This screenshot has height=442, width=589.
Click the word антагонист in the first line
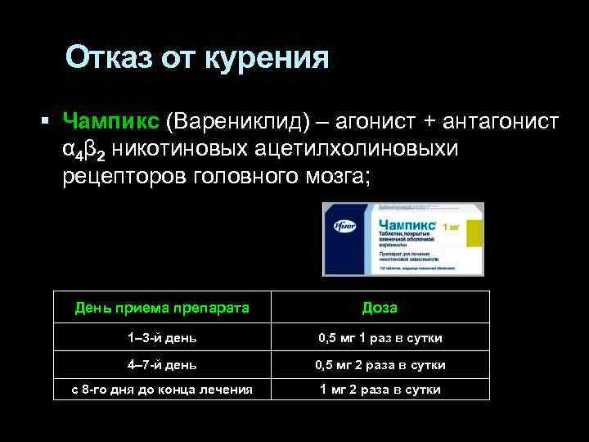501,122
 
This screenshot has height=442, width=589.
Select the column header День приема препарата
161,308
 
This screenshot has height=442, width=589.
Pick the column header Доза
380,308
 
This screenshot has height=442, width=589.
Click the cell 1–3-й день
161,337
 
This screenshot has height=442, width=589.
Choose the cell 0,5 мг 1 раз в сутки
380,337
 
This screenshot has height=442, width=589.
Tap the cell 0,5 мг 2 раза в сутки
380,364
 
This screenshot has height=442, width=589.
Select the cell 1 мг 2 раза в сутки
380,390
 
